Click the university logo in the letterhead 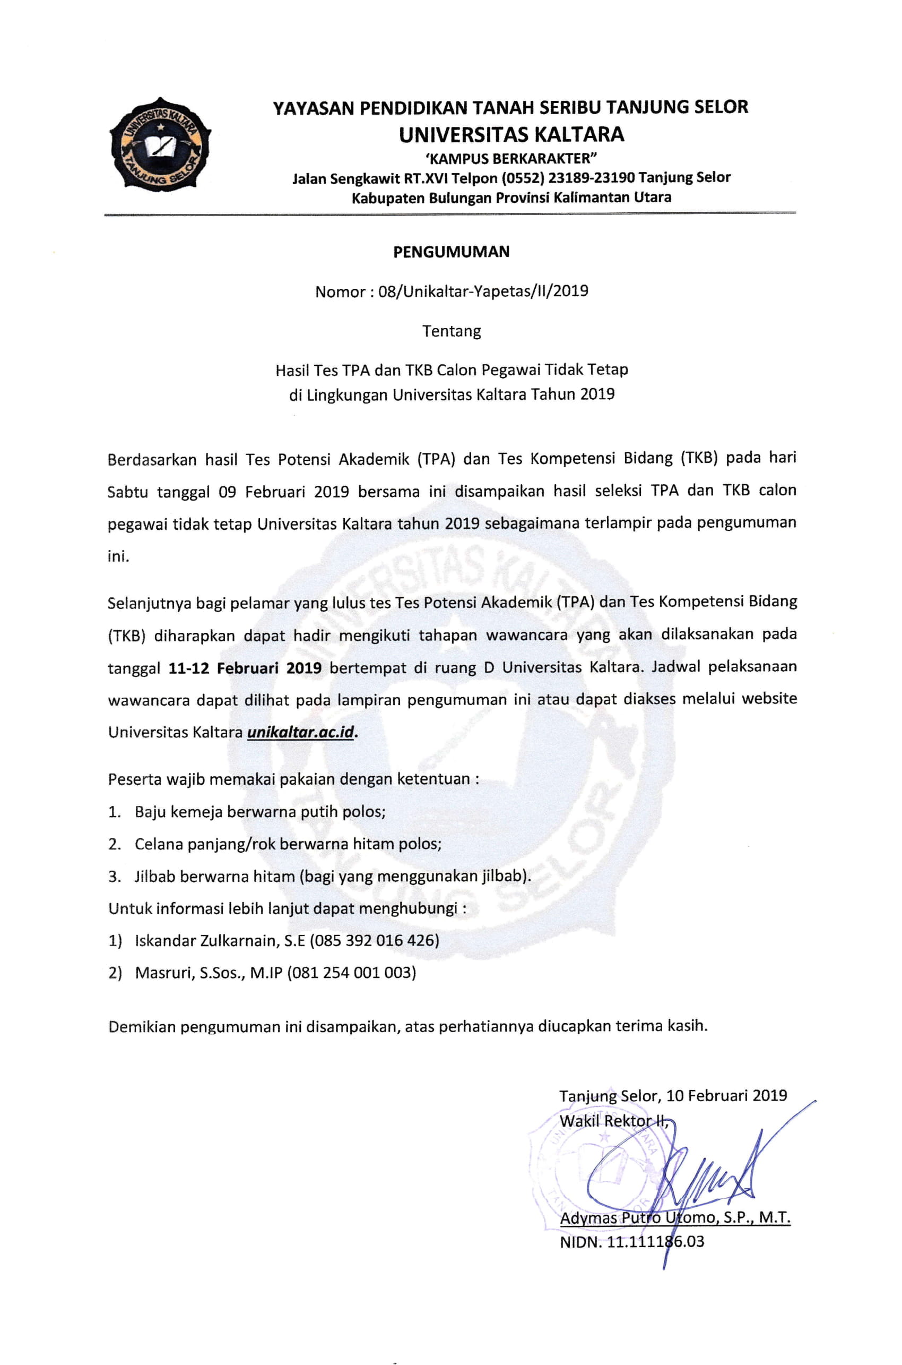(x=160, y=143)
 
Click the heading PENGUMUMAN (x=451, y=252)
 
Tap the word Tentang (x=452, y=331)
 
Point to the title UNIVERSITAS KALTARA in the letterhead (x=511, y=135)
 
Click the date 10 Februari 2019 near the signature (x=726, y=1096)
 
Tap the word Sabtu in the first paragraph (x=127, y=492)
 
